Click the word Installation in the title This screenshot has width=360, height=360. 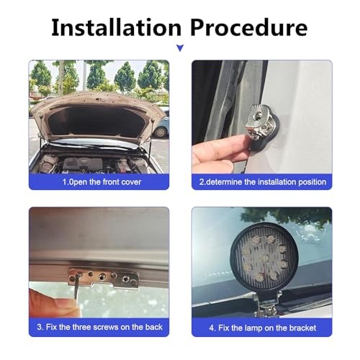tap(116, 27)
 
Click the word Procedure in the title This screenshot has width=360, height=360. tap(249, 27)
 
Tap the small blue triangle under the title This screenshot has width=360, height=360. tap(180, 48)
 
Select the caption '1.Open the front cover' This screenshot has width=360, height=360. tap(102, 182)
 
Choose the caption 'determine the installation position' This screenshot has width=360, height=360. tap(266, 182)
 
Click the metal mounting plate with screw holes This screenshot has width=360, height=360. tap(104, 279)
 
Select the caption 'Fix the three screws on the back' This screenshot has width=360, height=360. tap(99, 327)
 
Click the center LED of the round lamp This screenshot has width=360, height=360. tap(265, 258)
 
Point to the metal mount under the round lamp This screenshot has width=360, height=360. tap(266, 305)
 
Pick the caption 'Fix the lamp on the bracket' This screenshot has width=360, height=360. tap(263, 328)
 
